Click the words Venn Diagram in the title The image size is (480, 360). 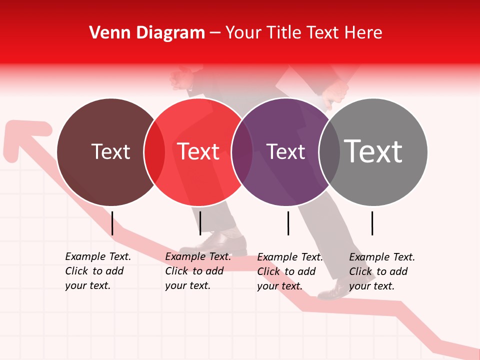pos(147,33)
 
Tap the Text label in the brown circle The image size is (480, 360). pos(110,151)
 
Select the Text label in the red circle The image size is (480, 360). pos(198,151)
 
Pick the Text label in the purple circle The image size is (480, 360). pos(285,151)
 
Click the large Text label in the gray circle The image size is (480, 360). pos(373,151)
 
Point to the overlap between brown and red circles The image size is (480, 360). pos(154,152)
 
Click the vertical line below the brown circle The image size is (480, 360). pos(112,223)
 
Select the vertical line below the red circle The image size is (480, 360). pos(200,223)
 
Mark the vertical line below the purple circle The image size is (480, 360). pos(288,223)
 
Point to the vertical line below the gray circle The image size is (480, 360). pos(372,223)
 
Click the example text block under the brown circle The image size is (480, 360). pos(98,271)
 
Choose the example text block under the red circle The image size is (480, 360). pos(198,271)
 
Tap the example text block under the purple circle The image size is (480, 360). pos(290,271)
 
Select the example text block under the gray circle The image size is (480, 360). pos(382,271)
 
